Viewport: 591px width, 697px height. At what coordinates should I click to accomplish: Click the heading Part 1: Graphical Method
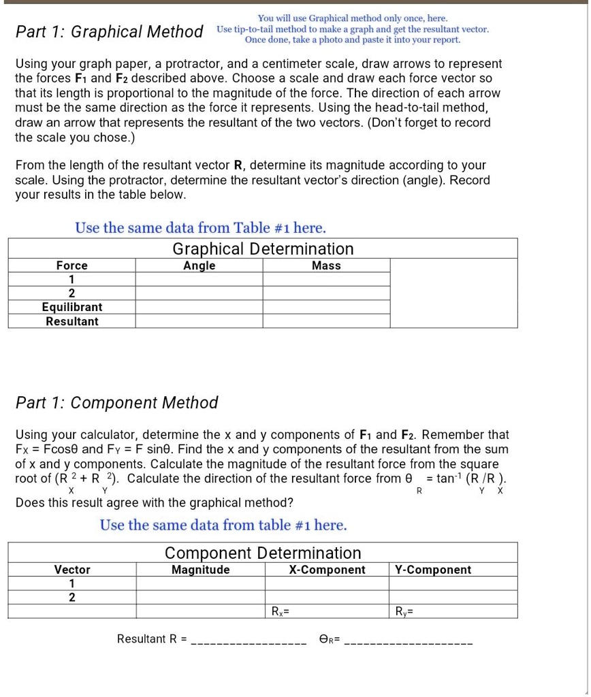coord(110,32)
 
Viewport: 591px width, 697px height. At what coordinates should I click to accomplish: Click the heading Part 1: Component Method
coord(116,403)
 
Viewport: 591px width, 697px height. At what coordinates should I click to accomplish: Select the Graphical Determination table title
coord(263,249)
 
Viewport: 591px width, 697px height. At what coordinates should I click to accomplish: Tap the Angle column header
coord(199,265)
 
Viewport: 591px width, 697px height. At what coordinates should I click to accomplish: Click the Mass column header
coord(326,265)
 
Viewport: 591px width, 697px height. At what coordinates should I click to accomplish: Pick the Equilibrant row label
coord(71,307)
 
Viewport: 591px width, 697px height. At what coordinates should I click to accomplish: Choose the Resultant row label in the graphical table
coord(71,321)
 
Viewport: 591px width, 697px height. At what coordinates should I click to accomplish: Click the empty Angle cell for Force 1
coord(199,279)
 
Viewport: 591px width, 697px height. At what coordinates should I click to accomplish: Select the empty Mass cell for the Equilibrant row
coord(326,307)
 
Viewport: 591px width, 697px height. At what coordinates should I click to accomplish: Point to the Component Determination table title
coord(263,553)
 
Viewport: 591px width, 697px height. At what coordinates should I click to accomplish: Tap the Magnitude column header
coord(200,570)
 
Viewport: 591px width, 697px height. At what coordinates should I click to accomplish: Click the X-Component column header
coord(327,570)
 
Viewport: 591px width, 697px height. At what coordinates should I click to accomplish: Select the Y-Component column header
coord(432,570)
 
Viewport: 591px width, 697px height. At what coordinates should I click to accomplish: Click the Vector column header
coord(71,570)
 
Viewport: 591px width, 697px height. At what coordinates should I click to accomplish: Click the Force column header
coord(71,265)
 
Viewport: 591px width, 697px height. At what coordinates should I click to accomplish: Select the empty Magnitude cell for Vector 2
coord(200,597)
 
